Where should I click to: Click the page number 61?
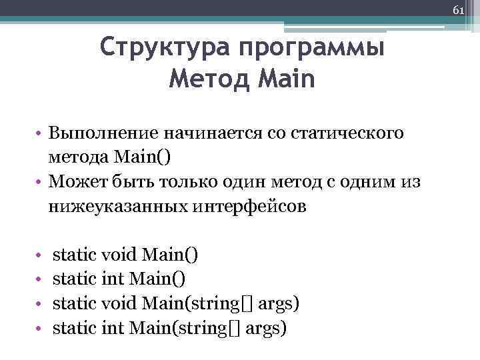click(x=458, y=11)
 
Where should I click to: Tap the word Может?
click(x=78, y=182)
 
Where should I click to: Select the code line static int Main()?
click(x=119, y=279)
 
